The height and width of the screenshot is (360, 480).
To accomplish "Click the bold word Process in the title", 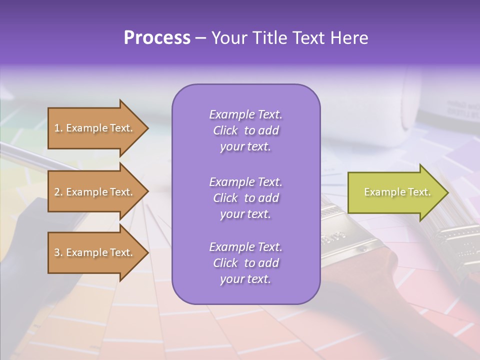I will pos(157,38).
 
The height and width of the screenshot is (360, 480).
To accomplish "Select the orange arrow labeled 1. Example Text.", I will pos(95,128).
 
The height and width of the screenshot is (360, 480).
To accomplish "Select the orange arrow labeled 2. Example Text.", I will pos(95,192).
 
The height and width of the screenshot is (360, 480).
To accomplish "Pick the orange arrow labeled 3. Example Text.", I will pos(95,252).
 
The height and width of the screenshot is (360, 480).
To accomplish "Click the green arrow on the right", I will pos(395,192).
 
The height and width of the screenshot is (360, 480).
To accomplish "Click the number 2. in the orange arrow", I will pos(58,192).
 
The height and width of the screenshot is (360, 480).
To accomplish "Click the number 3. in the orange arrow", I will pos(58,252).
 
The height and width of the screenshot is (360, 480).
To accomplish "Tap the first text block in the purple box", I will pos(245,130).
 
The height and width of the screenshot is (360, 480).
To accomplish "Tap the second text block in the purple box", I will pos(245,197).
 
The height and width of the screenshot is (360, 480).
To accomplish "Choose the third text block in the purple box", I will pos(245,263).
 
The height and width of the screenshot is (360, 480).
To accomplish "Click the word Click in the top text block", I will pos(225,130).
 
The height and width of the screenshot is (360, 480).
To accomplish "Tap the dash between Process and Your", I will pos(201,38).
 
